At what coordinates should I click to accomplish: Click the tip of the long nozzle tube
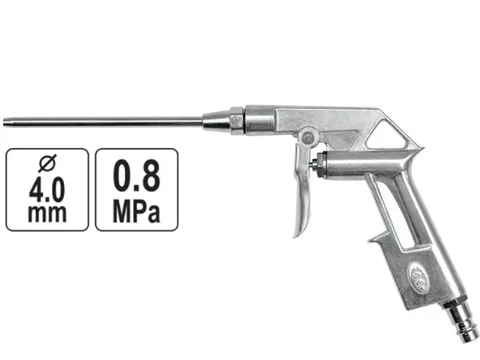tap(4, 122)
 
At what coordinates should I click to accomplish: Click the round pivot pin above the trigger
tap(308, 137)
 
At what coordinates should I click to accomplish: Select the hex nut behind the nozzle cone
tap(238, 121)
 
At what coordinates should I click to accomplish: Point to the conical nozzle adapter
tap(216, 121)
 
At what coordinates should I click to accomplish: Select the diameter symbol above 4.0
tap(47, 163)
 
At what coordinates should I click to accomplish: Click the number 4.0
tap(47, 190)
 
